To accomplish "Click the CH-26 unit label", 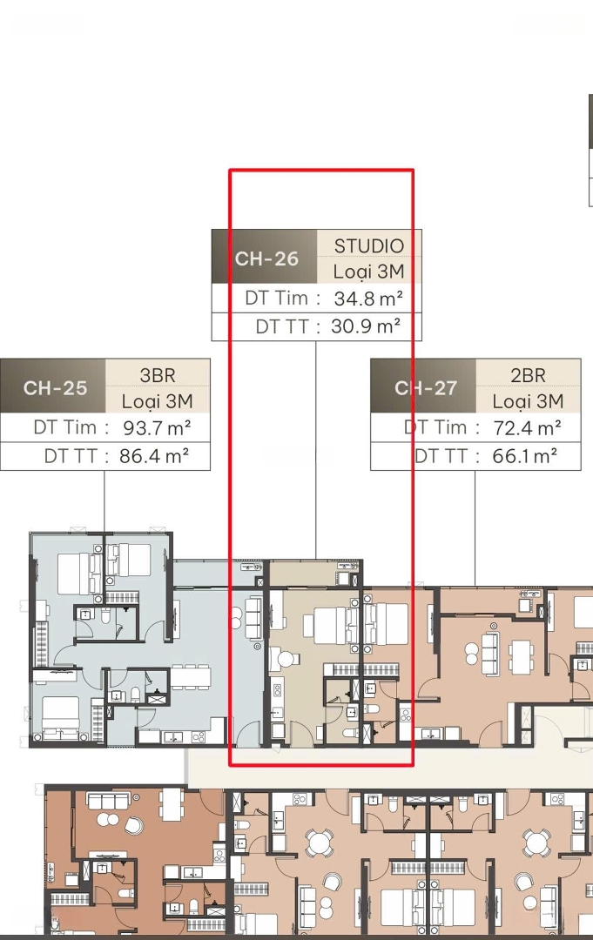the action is (x=266, y=258).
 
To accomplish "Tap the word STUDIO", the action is (x=368, y=245).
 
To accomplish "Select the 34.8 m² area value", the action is (x=368, y=298).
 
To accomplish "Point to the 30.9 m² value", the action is (x=366, y=326).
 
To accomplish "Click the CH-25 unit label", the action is (x=55, y=388).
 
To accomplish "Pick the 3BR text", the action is (x=158, y=375).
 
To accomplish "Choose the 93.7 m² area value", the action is (x=157, y=427).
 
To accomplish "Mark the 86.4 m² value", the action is (x=154, y=455).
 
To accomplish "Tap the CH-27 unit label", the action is (x=426, y=388).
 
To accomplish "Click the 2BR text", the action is (x=529, y=375).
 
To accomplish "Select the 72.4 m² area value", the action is (x=527, y=427).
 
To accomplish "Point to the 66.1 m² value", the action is (x=525, y=455).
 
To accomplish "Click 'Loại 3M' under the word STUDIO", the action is (x=368, y=271).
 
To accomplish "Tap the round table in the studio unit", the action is (x=286, y=660).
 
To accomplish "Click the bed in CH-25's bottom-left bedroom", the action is (x=61, y=713).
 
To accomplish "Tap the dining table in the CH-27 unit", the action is (x=521, y=651).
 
